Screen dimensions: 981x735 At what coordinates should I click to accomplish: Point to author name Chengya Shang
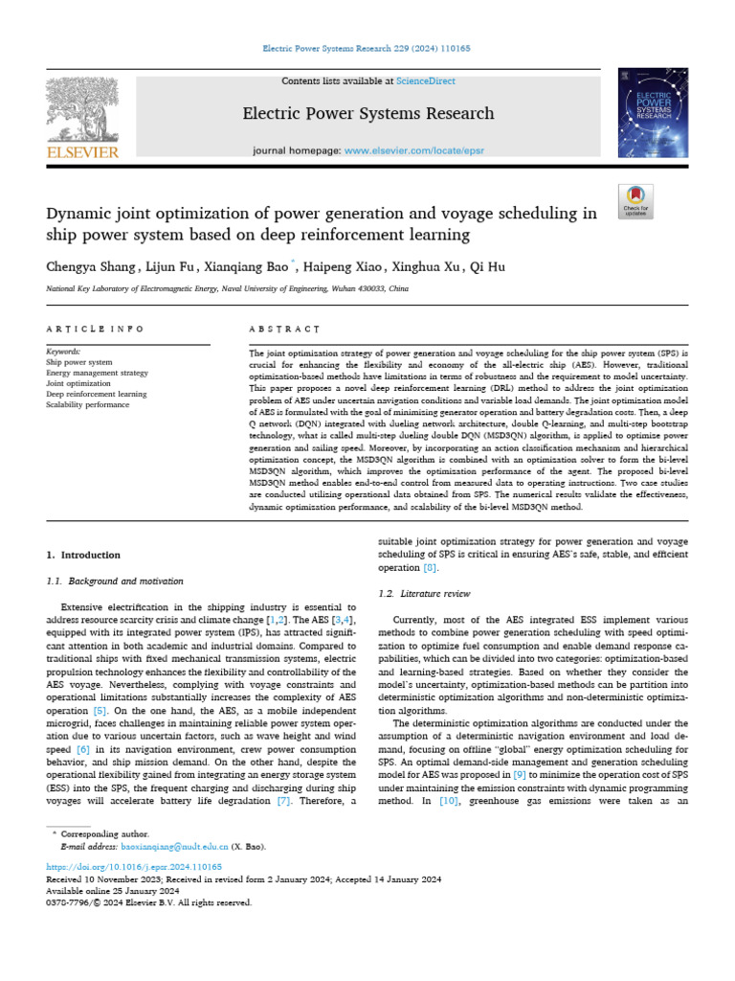point(88,267)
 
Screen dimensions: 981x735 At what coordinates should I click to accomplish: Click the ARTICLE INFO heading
point(95,329)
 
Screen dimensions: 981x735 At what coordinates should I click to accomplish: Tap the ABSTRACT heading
point(284,329)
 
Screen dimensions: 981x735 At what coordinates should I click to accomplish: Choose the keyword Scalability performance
point(87,404)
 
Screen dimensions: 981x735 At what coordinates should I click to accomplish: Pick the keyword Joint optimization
point(78,383)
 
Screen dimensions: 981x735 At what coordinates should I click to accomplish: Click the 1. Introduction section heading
point(83,555)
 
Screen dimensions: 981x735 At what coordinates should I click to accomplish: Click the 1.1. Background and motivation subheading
point(115,581)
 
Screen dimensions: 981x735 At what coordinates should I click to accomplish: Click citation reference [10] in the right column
point(448,800)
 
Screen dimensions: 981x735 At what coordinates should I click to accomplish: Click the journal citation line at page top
point(367,48)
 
